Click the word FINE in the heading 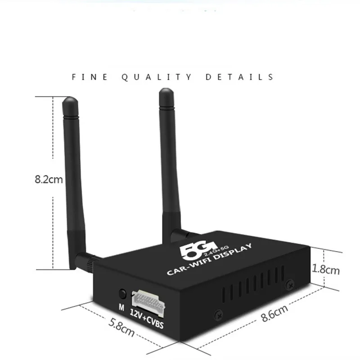pos(90,77)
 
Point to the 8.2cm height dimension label pos(49,179)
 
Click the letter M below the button pos(121,308)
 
